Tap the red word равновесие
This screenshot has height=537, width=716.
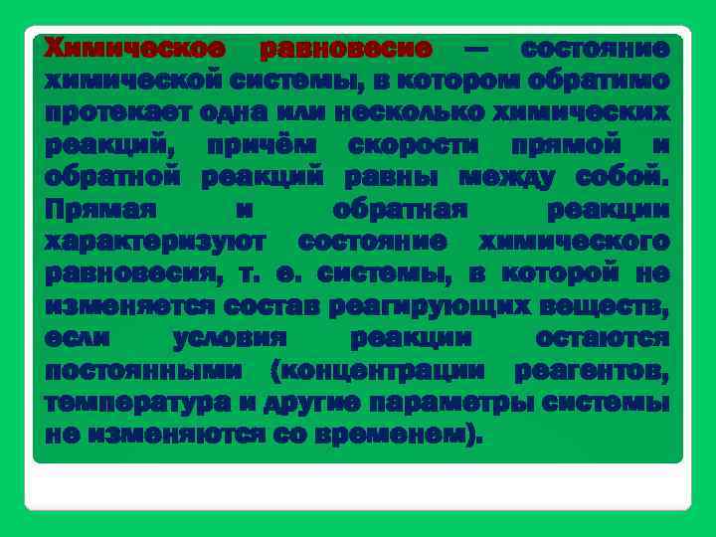coord(345,48)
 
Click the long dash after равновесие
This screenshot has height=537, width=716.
coord(476,49)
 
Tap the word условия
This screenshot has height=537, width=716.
coord(230,339)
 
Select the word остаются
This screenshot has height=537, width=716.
coord(602,339)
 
